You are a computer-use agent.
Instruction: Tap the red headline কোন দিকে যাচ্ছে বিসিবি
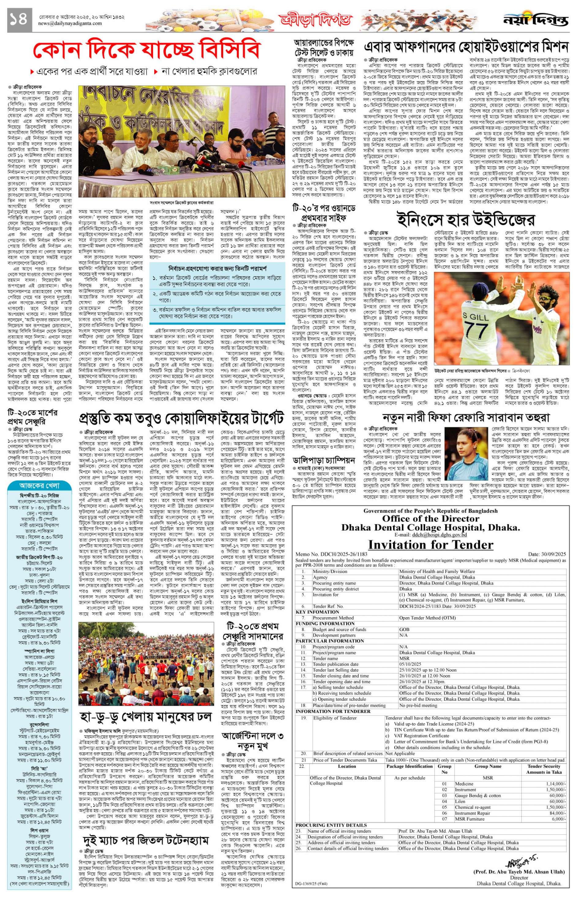click(146, 50)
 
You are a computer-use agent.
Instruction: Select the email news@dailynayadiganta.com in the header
click(70, 24)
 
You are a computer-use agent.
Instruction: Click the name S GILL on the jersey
click(475, 317)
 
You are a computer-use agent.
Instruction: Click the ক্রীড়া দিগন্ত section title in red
click(315, 20)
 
